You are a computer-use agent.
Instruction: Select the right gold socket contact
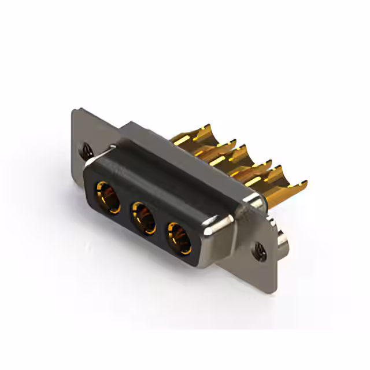(x=178, y=236)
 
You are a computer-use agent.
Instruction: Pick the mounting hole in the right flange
(x=258, y=250)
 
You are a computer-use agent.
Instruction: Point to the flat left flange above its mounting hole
(x=84, y=127)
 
